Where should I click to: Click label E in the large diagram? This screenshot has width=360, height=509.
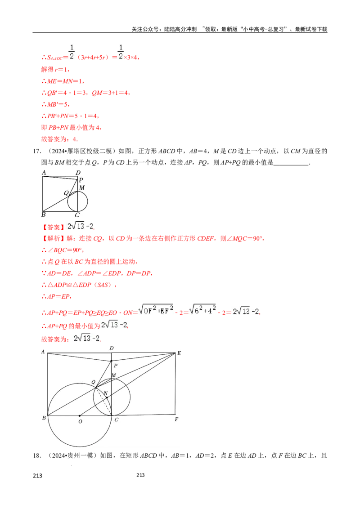(179, 353)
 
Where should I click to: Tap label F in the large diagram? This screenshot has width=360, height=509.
(176, 420)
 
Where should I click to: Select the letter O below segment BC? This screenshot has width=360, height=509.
(80, 421)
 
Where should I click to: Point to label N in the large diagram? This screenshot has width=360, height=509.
(106, 393)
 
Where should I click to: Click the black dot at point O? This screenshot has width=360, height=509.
(80, 415)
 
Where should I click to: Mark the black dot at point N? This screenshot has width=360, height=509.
(107, 398)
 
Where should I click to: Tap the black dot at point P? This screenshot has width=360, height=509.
(112, 361)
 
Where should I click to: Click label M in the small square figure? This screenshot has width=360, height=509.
(81, 188)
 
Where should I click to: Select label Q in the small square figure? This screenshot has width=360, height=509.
(66, 193)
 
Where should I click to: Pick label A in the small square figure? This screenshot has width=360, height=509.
(44, 172)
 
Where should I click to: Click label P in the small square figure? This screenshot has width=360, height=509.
(81, 180)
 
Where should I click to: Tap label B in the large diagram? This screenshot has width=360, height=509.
(44, 419)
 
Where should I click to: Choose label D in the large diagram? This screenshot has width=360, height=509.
(112, 348)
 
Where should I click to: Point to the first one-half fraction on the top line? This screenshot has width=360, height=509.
(70, 52)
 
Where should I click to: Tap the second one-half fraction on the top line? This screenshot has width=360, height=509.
(120, 52)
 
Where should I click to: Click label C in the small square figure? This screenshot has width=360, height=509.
(77, 215)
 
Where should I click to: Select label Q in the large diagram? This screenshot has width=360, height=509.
(93, 382)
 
